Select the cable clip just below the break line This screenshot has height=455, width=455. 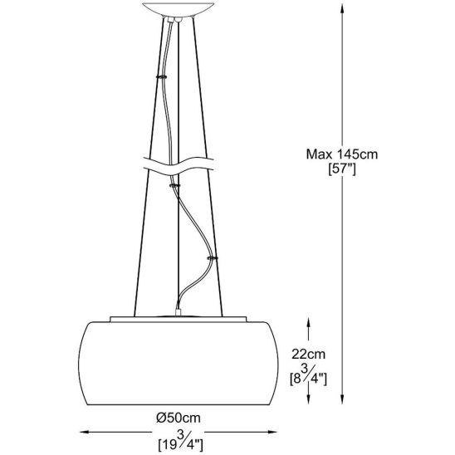pos(174,187)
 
